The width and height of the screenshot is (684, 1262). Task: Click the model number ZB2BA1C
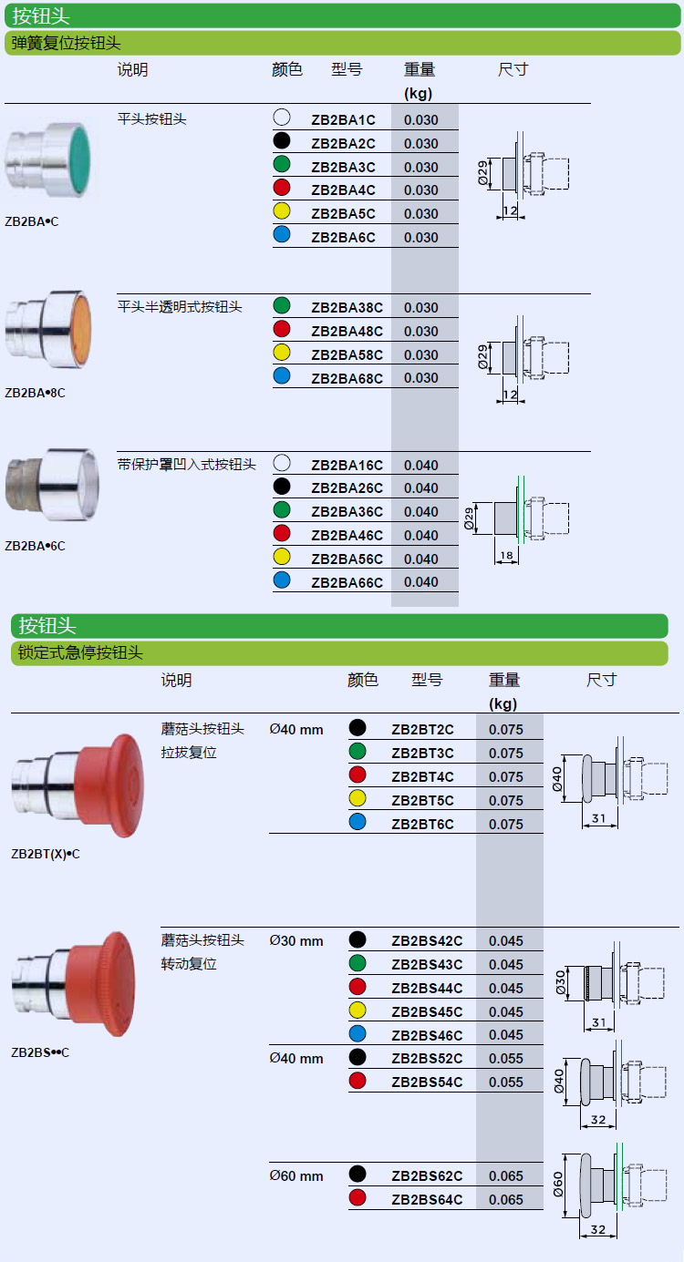(x=343, y=120)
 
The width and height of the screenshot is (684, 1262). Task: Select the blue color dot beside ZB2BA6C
(x=282, y=234)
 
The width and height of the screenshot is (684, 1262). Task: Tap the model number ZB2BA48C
(x=347, y=332)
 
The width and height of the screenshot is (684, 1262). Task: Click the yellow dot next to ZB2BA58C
(x=282, y=352)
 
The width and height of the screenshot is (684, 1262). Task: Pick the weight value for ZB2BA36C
(x=420, y=511)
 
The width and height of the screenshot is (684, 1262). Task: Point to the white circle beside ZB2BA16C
(x=282, y=463)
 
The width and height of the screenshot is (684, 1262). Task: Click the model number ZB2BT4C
(x=422, y=777)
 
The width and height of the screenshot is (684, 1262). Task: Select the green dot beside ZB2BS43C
(x=358, y=963)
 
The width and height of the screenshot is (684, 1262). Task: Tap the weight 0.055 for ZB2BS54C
(x=506, y=1082)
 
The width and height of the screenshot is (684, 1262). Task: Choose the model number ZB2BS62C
(x=427, y=1176)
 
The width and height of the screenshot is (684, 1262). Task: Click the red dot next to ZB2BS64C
(x=358, y=1197)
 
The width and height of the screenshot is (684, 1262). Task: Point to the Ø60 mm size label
(x=296, y=1176)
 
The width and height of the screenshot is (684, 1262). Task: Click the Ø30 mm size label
(x=296, y=941)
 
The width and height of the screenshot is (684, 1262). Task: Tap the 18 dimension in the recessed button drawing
(x=506, y=556)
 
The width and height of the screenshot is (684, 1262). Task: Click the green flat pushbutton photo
(x=48, y=160)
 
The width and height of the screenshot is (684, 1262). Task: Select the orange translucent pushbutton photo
(x=48, y=330)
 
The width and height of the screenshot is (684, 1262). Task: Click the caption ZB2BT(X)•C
(x=46, y=854)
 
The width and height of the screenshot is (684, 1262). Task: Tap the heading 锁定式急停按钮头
(x=80, y=653)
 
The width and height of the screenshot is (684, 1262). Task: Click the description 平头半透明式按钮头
(x=180, y=307)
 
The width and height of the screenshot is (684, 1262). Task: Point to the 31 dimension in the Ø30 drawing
(x=599, y=1022)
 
